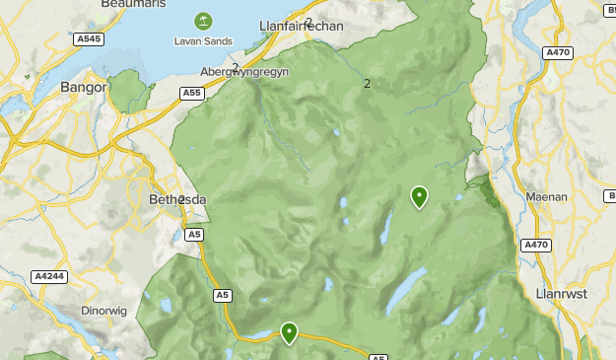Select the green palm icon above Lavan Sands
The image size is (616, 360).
[203, 21]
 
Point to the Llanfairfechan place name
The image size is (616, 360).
[301, 26]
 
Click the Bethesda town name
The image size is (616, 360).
[177, 199]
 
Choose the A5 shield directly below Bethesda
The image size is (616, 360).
[194, 234]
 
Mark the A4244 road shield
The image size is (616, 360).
[48, 276]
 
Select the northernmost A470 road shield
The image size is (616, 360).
[559, 52]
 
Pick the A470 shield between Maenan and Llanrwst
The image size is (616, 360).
[536, 245]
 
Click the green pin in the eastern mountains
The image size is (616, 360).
[419, 196]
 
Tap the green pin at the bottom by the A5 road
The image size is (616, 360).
[289, 332]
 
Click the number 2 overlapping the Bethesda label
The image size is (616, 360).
[182, 200]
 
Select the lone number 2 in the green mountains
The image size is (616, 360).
[367, 84]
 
